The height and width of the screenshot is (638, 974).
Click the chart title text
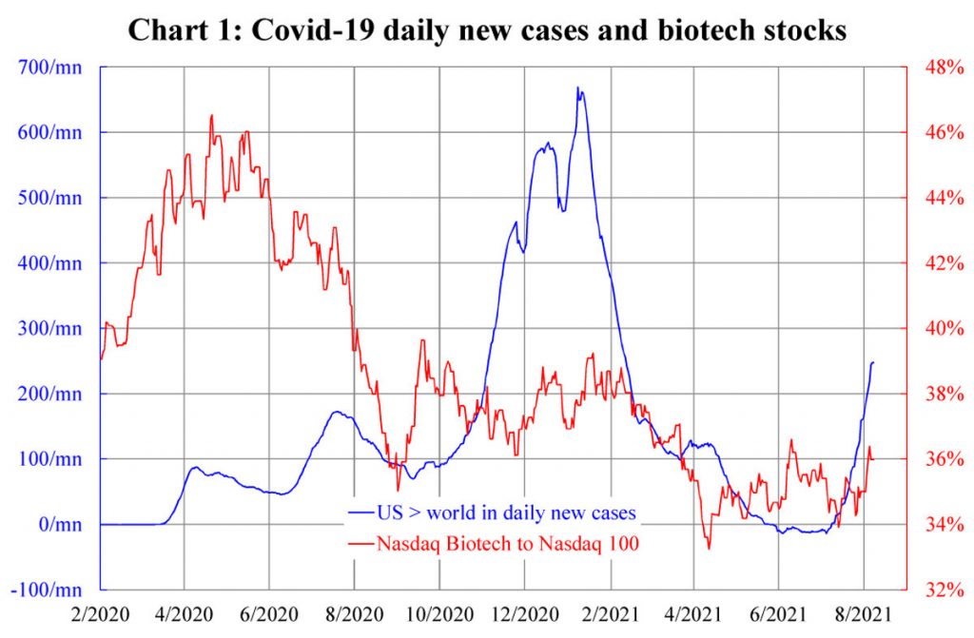pos(486,29)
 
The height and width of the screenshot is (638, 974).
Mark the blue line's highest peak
pos(577,88)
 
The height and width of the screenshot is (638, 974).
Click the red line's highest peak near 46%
pos(211,116)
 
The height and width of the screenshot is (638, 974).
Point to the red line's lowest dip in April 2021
pos(708,548)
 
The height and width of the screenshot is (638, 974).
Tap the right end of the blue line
pos(873,362)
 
